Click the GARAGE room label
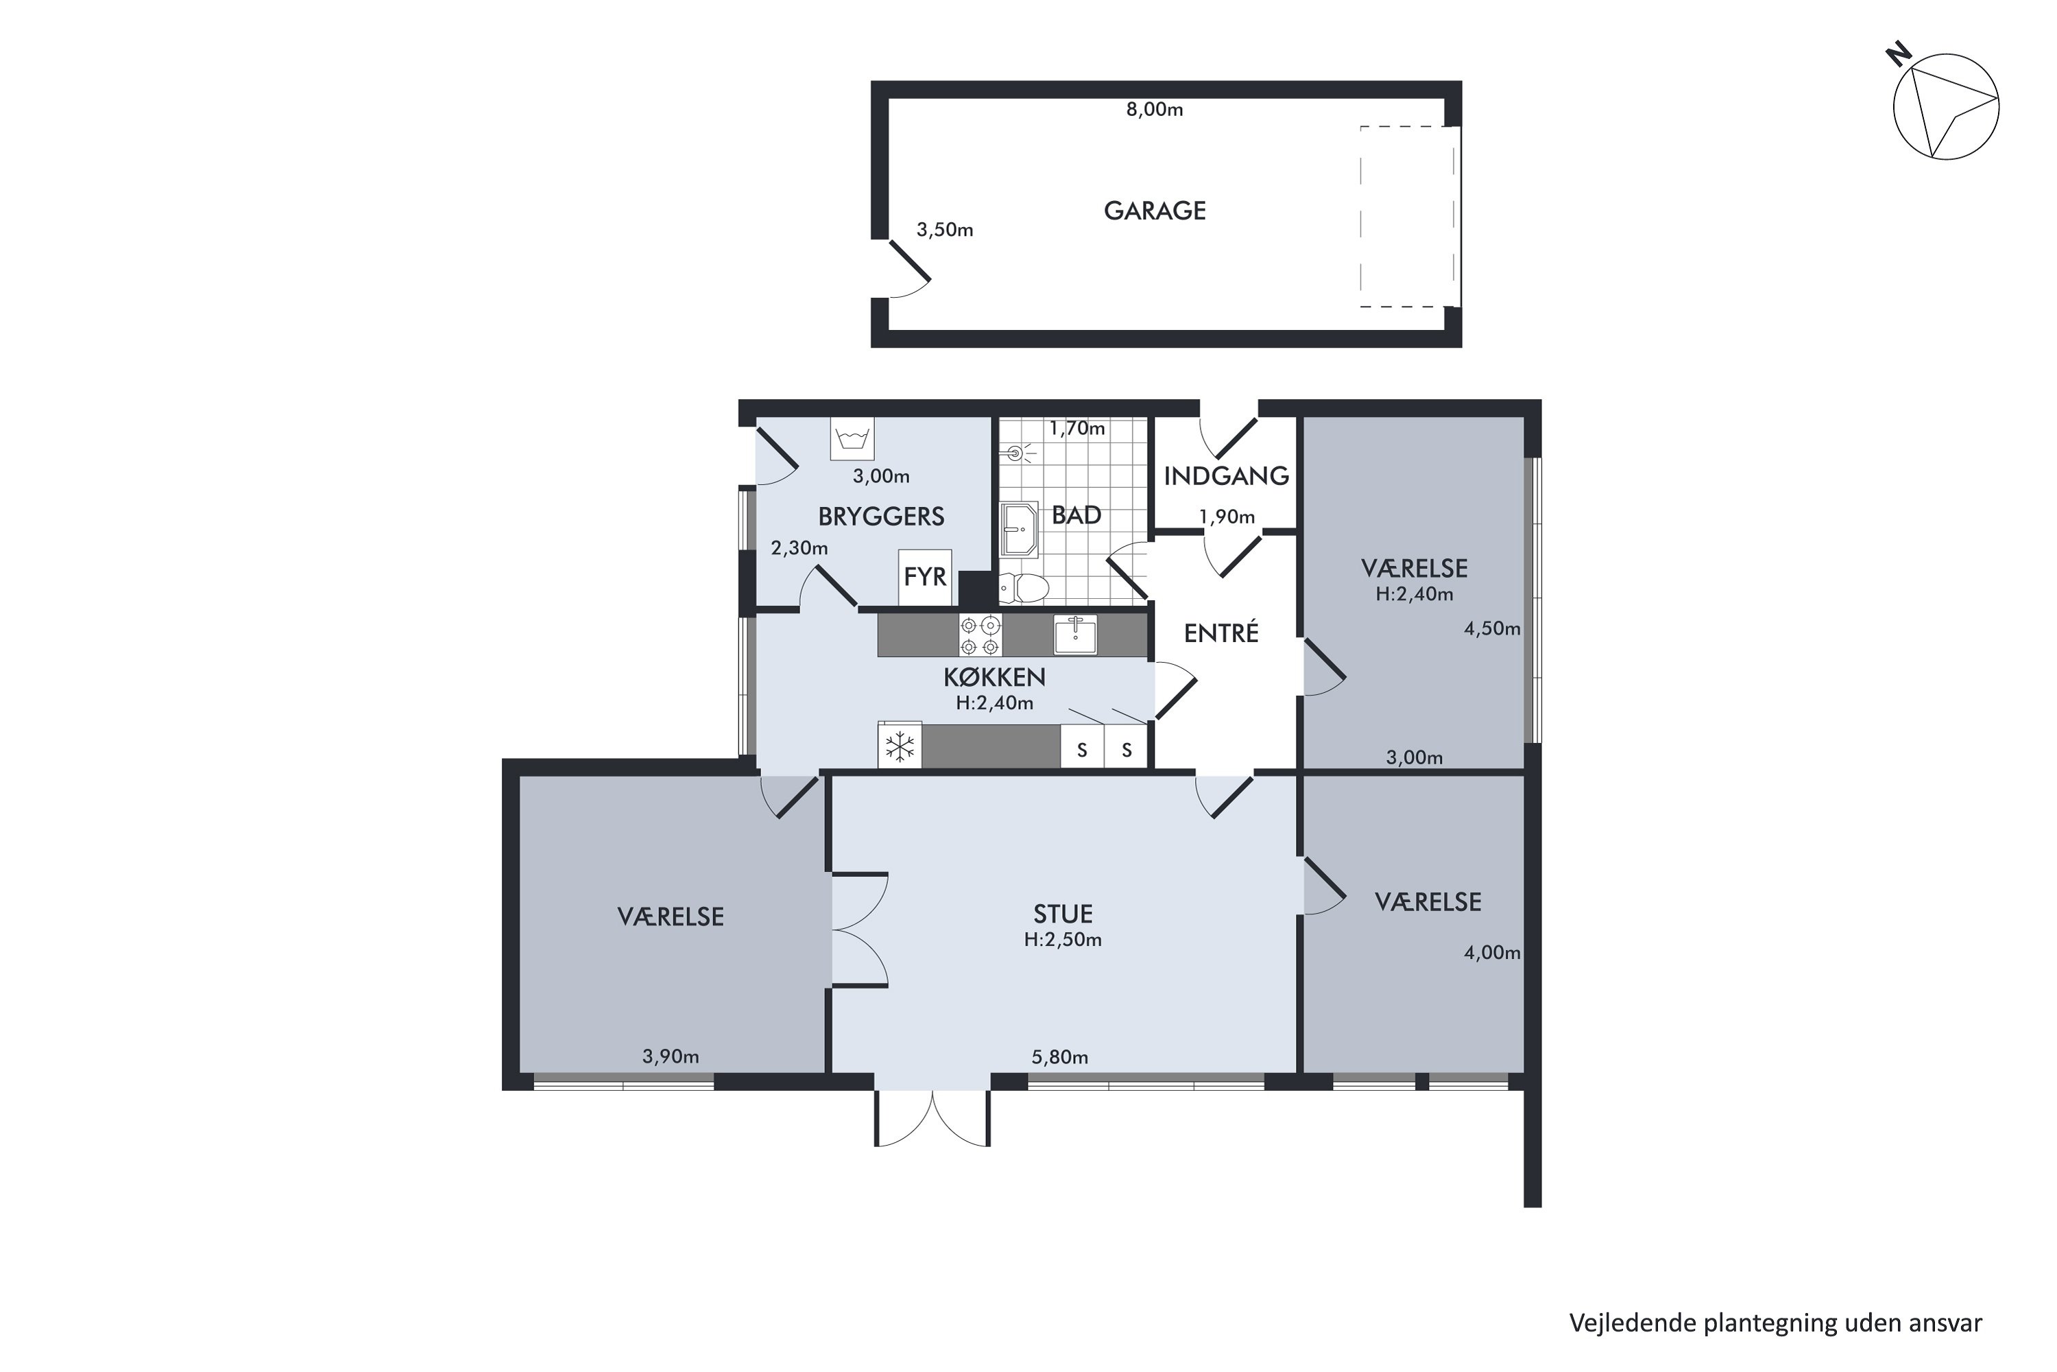click(x=1155, y=211)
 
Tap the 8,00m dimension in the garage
click(x=1155, y=109)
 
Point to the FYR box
click(x=925, y=577)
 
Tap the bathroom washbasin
click(x=1019, y=530)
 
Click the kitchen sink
click(x=1076, y=635)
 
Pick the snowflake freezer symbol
click(x=900, y=746)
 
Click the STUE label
click(x=1063, y=914)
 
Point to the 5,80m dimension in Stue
click(x=1060, y=1057)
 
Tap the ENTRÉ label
click(x=1221, y=632)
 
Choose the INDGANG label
click(x=1226, y=476)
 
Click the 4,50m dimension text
click(x=1492, y=628)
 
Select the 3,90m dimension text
click(x=671, y=1056)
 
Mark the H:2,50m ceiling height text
click(x=1063, y=940)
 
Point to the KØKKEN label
click(x=994, y=677)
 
